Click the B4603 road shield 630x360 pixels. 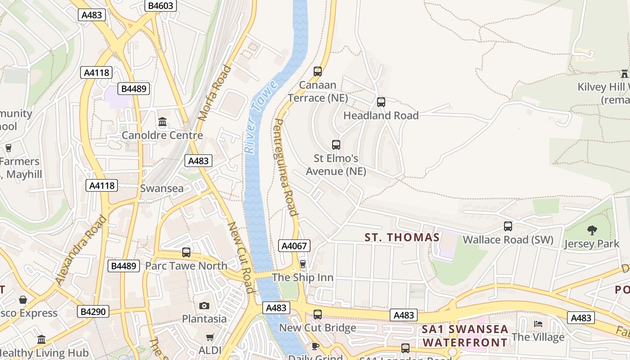point(161,5)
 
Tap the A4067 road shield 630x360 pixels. point(294,246)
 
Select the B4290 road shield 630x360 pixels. point(94,311)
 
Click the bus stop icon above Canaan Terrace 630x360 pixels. point(318,71)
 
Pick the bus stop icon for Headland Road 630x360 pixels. point(381,102)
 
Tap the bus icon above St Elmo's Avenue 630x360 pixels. point(336,144)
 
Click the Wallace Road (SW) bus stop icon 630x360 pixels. point(508,226)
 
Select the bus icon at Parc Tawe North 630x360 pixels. point(186,252)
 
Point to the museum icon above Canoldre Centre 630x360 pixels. point(162,122)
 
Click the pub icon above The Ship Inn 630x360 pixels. point(303,264)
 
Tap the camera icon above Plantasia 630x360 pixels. point(204,306)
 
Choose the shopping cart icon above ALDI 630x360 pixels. point(210,337)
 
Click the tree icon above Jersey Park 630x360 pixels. point(592,230)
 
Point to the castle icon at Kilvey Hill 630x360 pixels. point(624,73)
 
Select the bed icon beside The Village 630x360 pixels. point(537,324)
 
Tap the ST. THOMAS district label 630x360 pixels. point(402,237)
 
